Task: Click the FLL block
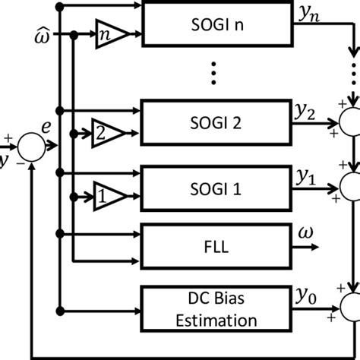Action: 217,248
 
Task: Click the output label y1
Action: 305,176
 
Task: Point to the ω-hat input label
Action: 45,35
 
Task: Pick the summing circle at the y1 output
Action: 352,185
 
